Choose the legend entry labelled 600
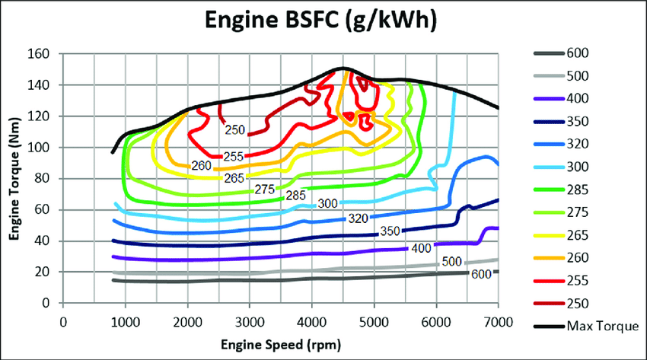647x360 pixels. pos(576,53)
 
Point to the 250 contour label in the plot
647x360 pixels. pos(234,130)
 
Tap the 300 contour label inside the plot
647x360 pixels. pos(328,203)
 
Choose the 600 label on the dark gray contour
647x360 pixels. pos(480,275)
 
